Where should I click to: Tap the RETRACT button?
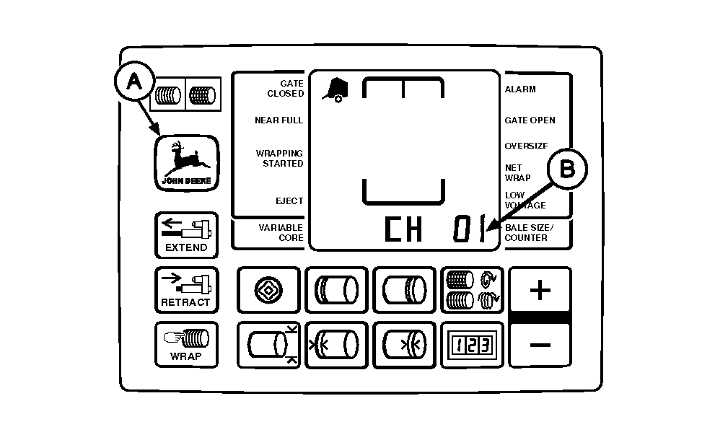pyautogui.click(x=185, y=289)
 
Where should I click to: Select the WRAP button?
pyautogui.click(x=185, y=343)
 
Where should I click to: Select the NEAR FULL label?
pyautogui.click(x=278, y=120)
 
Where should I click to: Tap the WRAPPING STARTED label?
pyautogui.click(x=279, y=159)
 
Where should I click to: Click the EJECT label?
pyautogui.click(x=289, y=201)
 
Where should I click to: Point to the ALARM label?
pyautogui.click(x=520, y=89)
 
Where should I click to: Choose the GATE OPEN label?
pyautogui.click(x=530, y=120)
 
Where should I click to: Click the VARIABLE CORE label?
pyautogui.click(x=281, y=233)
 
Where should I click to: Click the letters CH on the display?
pyautogui.click(x=403, y=230)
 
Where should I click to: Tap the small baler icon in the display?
pyautogui.click(x=335, y=89)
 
